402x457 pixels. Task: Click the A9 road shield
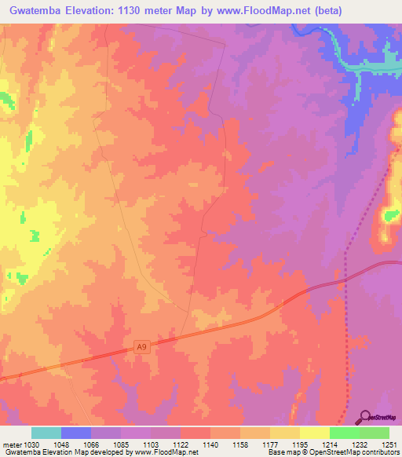(141, 346)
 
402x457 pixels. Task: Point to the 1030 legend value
(27, 444)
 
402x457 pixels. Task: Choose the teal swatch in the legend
(46, 433)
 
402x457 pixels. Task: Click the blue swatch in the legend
(75, 433)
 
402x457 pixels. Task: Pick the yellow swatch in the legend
(314, 433)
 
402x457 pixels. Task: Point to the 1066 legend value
(90, 444)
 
